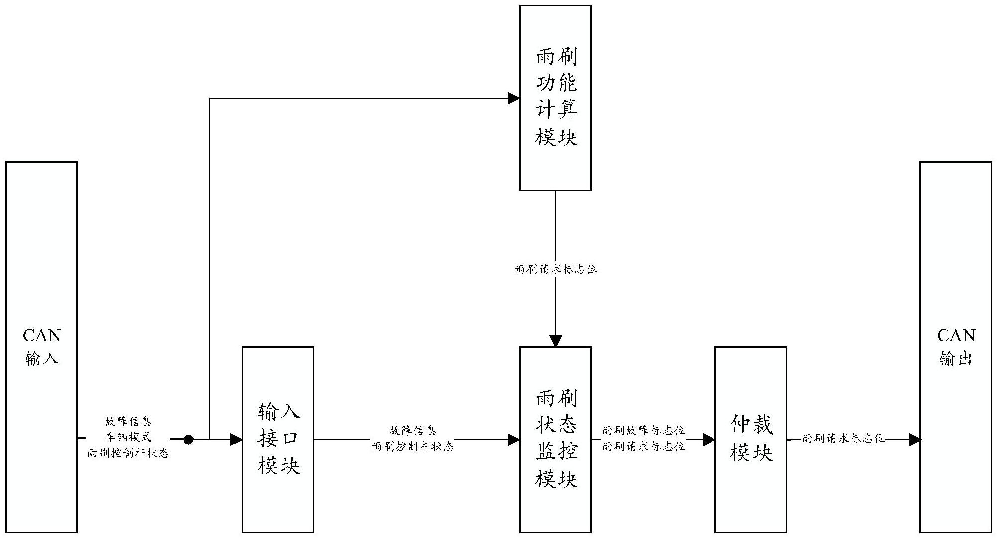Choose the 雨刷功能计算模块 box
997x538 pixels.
[555, 98]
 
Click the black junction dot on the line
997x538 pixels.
[188, 440]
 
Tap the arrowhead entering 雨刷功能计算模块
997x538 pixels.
[514, 98]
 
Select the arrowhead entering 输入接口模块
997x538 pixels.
[236, 440]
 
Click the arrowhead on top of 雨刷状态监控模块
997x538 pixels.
[555, 341]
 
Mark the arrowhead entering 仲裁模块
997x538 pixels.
[709, 440]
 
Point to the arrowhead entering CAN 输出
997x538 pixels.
[915, 440]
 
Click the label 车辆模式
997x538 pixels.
[128, 437]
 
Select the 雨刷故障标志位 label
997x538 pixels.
[643, 430]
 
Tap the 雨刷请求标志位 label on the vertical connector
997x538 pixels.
[556, 269]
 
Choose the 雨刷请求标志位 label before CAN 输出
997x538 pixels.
[843, 439]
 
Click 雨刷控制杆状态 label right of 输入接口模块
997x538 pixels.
[413, 447]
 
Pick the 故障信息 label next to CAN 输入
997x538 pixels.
[128, 422]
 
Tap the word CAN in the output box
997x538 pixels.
[956, 336]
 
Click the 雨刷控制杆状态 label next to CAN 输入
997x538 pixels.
[128, 453]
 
